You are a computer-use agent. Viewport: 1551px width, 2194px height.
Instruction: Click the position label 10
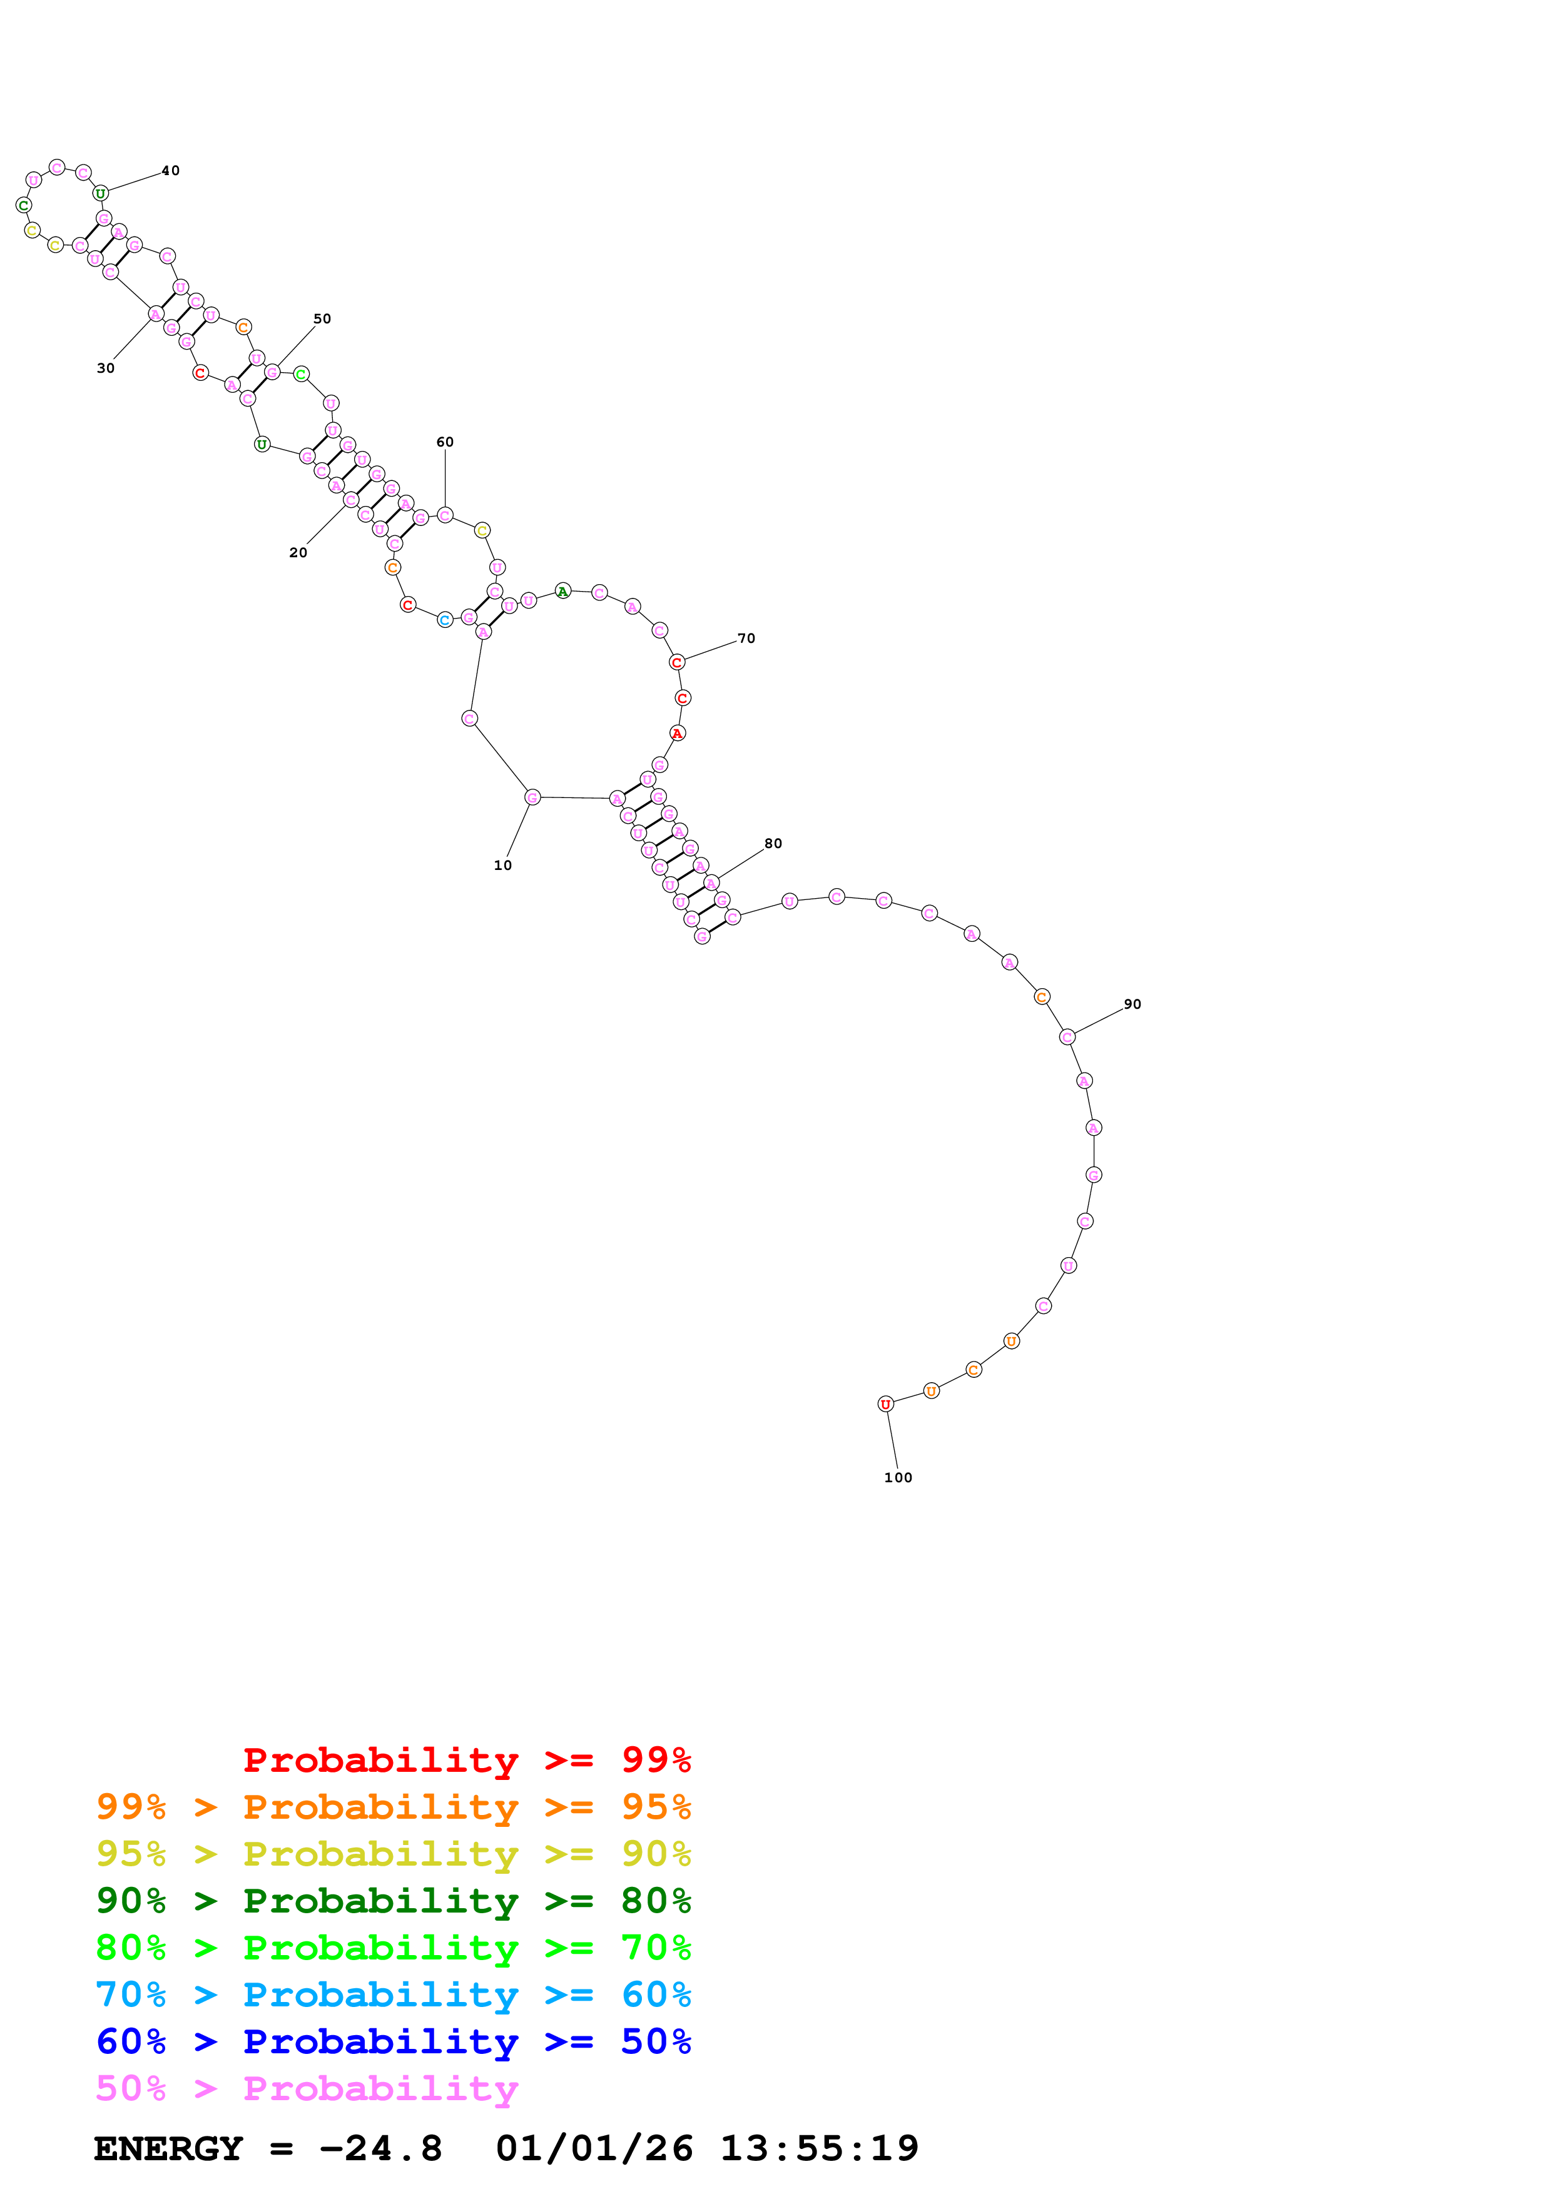coord(502,866)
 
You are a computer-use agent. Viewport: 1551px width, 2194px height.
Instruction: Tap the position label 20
coord(298,552)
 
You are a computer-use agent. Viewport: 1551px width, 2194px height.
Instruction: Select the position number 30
coord(105,368)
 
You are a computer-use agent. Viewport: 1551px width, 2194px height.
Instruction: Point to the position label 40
coord(170,171)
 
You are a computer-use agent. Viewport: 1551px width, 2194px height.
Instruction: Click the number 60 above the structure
coord(444,442)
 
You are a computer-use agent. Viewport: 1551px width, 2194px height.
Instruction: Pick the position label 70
coord(745,639)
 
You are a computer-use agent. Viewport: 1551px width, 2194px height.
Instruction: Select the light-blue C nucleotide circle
coord(444,620)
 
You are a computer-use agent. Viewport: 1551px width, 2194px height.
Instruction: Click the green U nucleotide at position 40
coord(100,193)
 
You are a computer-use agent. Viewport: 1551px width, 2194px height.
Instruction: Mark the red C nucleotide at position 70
coord(676,662)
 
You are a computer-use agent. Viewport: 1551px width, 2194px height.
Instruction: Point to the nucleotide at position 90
coord(1067,1037)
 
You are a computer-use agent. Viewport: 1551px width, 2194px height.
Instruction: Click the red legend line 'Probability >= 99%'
coord(466,1759)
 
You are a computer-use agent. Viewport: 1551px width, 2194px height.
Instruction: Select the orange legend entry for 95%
coord(393,1807)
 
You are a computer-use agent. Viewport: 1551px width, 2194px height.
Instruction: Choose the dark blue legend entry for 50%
coord(393,2041)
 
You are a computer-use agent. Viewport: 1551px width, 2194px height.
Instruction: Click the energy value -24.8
coord(380,2149)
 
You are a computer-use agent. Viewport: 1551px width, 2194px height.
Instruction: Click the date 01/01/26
coord(594,2149)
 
